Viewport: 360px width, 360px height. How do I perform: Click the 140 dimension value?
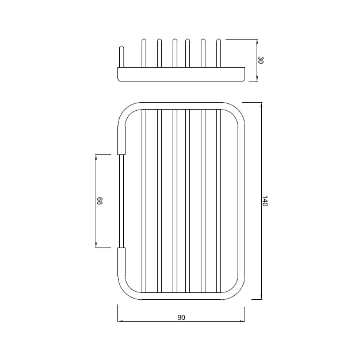coord(264,201)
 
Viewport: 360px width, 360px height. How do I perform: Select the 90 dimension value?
coord(181,317)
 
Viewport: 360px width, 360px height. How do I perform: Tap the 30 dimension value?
coord(261,60)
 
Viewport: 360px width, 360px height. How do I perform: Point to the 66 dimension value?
coord(99,201)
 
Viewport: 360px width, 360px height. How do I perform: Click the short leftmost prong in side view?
coord(121,57)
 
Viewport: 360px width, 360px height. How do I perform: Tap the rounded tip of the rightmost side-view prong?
coord(219,41)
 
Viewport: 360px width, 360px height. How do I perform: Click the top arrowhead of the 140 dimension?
coord(261,104)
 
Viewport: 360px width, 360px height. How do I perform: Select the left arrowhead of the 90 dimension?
coord(120,321)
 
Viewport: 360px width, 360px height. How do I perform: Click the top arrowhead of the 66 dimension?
coord(96,157)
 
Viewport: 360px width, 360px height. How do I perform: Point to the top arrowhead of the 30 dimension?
coord(257,41)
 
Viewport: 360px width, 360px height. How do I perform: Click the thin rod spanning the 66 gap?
coord(121,201)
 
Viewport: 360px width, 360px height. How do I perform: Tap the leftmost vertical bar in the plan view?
coord(144,201)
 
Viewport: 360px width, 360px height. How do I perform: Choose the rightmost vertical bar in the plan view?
coord(219,201)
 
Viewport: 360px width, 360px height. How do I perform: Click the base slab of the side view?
coord(181,74)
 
